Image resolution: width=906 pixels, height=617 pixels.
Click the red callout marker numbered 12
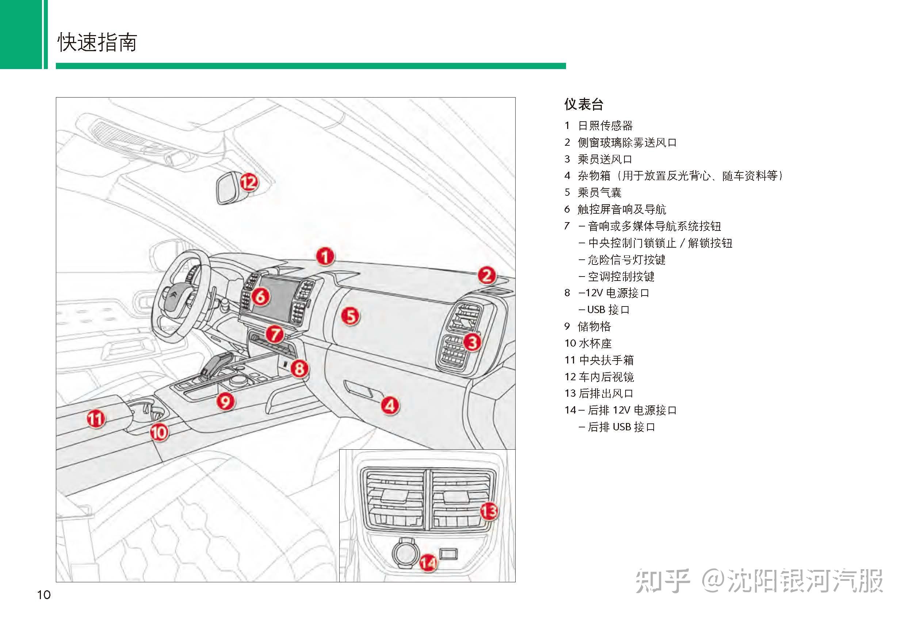coord(249,182)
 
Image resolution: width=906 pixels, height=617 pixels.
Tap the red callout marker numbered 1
coord(325,256)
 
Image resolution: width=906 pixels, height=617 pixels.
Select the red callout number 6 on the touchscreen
coord(260,296)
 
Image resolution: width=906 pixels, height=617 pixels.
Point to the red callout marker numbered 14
coord(428,563)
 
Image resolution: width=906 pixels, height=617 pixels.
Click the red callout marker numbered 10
coord(159,432)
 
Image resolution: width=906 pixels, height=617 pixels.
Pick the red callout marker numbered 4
coord(390,405)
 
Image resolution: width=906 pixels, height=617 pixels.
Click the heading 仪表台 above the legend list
coord(584,104)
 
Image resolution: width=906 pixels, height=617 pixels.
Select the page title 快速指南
coord(97,42)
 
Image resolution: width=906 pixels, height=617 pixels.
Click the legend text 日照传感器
coord(605,126)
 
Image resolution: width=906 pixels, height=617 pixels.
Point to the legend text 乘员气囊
coord(599,193)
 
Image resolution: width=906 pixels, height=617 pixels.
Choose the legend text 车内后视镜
coord(606,377)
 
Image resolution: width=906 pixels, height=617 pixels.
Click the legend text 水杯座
coord(595,343)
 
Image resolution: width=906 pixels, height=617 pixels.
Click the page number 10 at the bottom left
coord(44,595)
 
